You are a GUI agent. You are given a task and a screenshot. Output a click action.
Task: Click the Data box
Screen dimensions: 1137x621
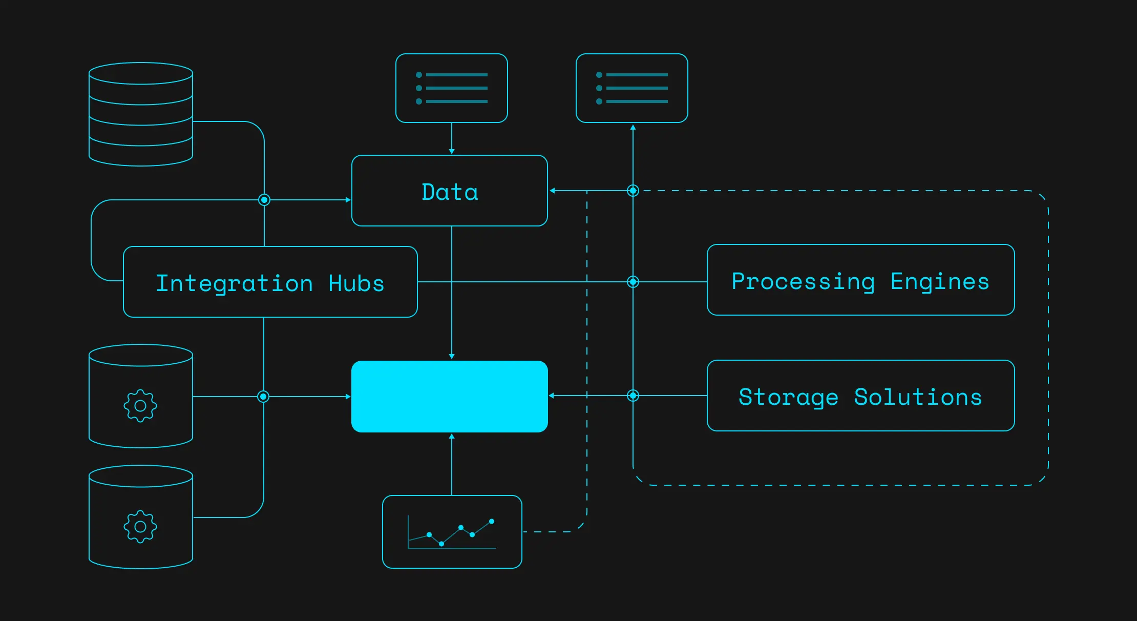(x=450, y=191)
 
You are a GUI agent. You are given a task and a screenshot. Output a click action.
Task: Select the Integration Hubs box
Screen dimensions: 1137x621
(x=270, y=282)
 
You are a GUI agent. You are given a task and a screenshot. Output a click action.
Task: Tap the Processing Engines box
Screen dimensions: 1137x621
(x=861, y=280)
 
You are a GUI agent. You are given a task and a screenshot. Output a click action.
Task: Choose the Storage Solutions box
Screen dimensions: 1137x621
(x=861, y=396)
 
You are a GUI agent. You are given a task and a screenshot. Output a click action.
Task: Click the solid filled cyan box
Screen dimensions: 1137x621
(x=450, y=397)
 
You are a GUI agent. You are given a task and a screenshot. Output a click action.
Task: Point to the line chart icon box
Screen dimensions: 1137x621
(x=452, y=532)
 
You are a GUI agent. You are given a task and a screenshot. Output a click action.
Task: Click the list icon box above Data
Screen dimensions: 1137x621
(x=452, y=88)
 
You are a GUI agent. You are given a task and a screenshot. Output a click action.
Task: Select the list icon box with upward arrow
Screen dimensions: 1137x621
(x=632, y=88)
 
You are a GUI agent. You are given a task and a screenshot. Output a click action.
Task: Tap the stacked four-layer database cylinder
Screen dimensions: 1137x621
(x=141, y=114)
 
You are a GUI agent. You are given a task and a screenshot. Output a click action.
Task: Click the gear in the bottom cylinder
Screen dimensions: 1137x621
(x=140, y=527)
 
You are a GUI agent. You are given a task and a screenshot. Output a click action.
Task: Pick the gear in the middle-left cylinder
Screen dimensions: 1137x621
(x=140, y=406)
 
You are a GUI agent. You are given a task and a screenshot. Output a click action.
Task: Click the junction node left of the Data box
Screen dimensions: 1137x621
(x=264, y=200)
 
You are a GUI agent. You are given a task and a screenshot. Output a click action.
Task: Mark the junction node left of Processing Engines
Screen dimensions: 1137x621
(x=633, y=282)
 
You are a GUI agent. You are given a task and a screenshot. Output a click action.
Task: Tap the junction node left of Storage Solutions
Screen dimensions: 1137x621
(x=633, y=396)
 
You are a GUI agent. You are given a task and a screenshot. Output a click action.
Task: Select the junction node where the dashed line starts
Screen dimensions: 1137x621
(x=633, y=191)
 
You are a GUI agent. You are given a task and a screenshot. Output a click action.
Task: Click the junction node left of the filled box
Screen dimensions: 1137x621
(x=263, y=397)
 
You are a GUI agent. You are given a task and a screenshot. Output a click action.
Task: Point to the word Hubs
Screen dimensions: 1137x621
(x=356, y=283)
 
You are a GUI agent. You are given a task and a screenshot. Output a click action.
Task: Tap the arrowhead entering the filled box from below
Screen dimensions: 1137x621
(x=452, y=436)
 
